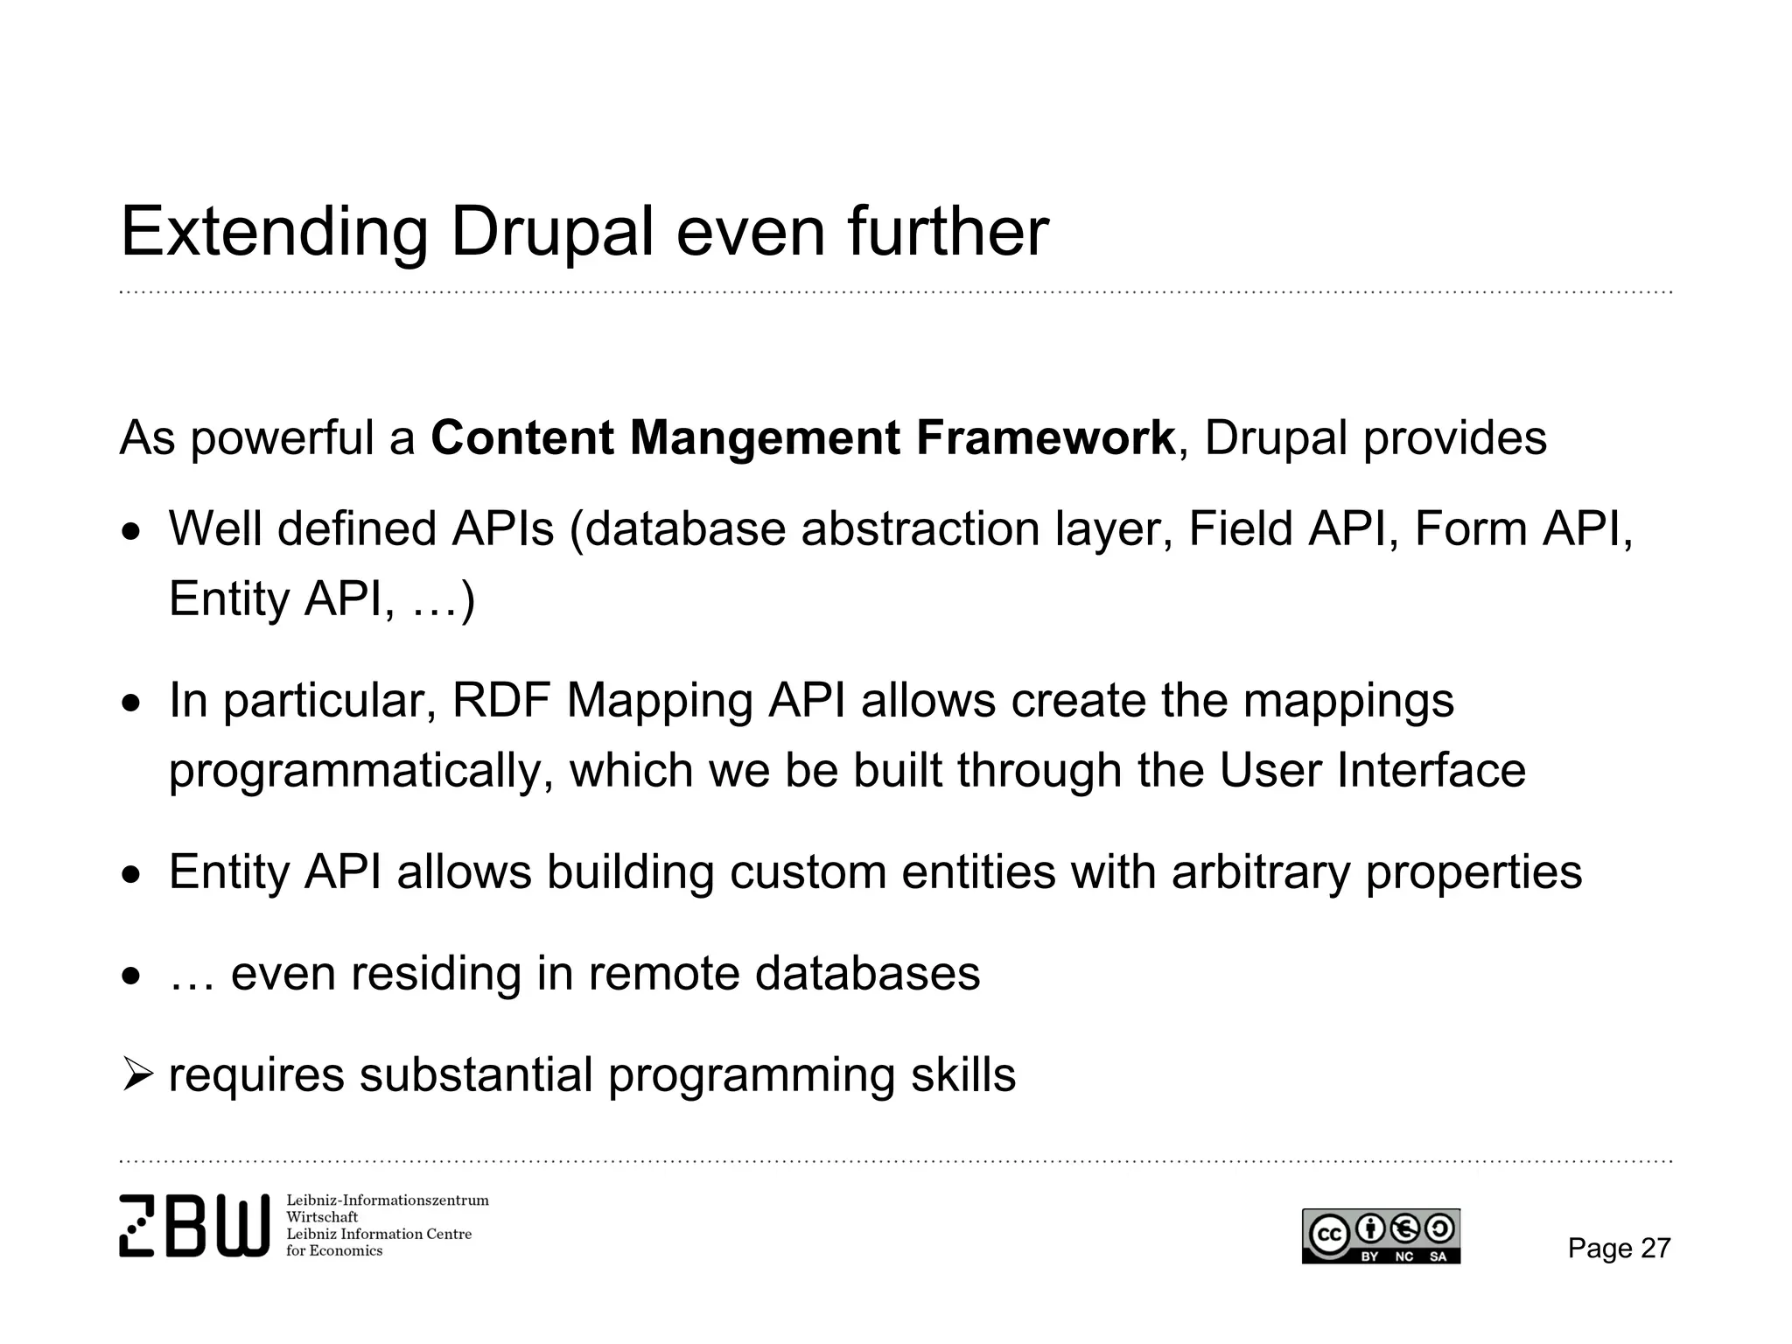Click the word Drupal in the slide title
point(551,232)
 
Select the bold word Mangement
point(764,437)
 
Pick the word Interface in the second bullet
point(1431,771)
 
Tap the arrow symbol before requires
point(137,1074)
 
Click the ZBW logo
point(193,1225)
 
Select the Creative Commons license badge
point(1380,1235)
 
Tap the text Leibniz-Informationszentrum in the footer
point(387,1200)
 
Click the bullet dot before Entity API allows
point(130,873)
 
